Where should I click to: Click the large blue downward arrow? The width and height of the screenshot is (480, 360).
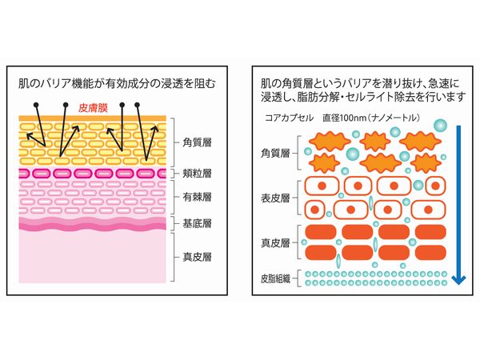click(x=457, y=201)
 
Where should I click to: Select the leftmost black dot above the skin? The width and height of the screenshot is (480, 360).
click(x=36, y=106)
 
